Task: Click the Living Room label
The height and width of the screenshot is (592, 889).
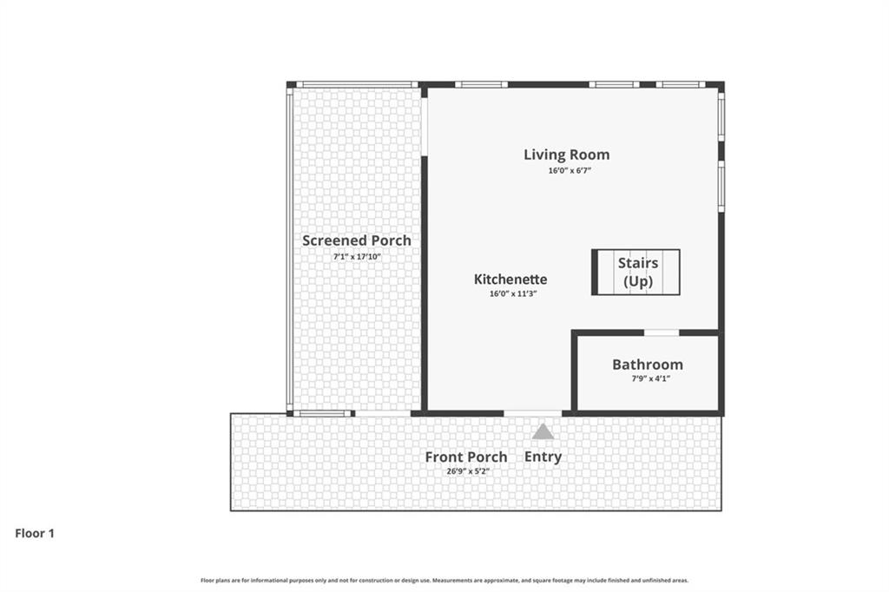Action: click(x=566, y=155)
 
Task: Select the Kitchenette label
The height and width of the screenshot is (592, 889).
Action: click(x=510, y=280)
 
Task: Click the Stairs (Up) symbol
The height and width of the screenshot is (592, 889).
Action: click(x=636, y=272)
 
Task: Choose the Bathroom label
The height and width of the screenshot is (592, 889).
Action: click(x=647, y=365)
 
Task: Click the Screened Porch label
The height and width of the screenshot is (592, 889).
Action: click(x=356, y=240)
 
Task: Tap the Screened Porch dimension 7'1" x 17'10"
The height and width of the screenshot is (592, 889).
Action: click(x=356, y=257)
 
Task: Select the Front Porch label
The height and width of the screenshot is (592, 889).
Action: click(x=465, y=457)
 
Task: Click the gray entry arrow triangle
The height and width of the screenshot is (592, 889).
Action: click(x=543, y=431)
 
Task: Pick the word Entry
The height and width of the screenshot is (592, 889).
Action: click(x=543, y=457)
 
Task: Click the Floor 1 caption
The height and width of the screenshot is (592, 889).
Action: click(x=35, y=534)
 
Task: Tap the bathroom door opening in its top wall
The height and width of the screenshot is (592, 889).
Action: click(x=661, y=332)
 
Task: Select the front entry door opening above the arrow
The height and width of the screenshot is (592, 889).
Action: click(x=532, y=413)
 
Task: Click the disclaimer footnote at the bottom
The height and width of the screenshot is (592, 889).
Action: click(x=444, y=580)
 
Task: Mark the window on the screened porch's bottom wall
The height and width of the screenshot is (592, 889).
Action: click(x=322, y=413)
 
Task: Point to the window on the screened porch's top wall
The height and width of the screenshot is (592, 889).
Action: click(x=356, y=84)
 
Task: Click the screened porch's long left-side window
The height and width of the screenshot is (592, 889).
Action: click(x=290, y=247)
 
